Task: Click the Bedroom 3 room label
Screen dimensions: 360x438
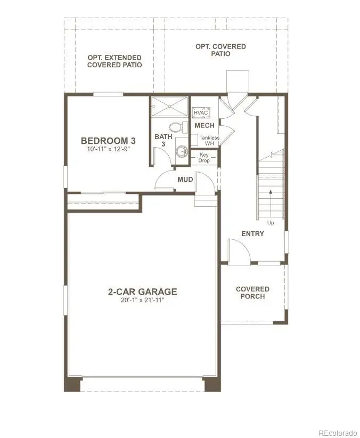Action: pos(108,141)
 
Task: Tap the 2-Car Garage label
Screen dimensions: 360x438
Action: pos(142,291)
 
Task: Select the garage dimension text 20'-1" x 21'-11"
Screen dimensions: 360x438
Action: pos(142,301)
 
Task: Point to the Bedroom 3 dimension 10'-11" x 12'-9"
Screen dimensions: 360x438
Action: pos(108,149)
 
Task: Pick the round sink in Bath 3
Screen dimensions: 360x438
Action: pos(182,152)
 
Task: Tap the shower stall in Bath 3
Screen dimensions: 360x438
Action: pos(169,106)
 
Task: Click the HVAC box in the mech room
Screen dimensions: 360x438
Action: pos(201,112)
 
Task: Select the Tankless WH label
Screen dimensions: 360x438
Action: pos(209,141)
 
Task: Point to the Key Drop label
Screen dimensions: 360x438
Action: pos(204,158)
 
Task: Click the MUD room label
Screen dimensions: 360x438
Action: pos(185,180)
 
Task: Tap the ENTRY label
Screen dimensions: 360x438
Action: pos(252,233)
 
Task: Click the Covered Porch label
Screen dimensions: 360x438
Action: pos(252,293)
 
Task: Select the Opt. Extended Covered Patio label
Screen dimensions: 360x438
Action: pos(114,61)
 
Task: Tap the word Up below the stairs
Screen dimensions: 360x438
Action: pos(271,223)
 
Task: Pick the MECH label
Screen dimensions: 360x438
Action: pos(204,125)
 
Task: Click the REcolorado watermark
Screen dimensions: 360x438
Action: pos(338,433)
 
